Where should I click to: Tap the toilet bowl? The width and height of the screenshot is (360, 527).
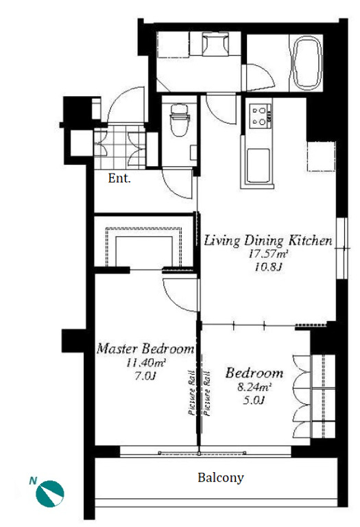(x=180, y=119)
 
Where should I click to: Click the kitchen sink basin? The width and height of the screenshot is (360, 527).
(x=258, y=166)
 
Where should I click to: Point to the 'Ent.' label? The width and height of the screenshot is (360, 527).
(x=119, y=178)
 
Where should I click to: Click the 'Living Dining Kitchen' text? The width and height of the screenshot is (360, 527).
(x=268, y=241)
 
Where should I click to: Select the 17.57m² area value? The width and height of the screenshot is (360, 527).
(x=268, y=254)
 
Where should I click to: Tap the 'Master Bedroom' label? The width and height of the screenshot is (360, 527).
(x=145, y=349)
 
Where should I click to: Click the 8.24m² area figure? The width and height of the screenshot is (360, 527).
(x=254, y=387)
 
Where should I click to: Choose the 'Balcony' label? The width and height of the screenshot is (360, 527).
(x=221, y=478)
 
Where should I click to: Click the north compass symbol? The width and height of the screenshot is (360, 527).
(x=50, y=493)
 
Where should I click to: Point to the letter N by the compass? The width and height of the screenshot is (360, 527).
(x=33, y=481)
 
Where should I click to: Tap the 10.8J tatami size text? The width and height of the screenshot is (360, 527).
(x=268, y=268)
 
